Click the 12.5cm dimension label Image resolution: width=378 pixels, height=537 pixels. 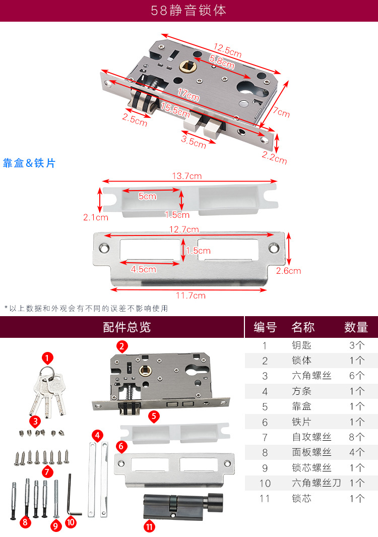tap(228, 50)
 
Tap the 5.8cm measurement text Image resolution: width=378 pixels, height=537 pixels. tap(222, 62)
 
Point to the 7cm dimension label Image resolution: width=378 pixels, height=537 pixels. tap(281, 111)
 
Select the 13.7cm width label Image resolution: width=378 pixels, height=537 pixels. tap(187, 176)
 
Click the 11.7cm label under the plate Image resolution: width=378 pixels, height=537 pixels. tap(191, 295)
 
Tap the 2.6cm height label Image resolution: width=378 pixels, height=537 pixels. tap(288, 271)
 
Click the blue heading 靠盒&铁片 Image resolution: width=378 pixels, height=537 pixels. tap(29, 163)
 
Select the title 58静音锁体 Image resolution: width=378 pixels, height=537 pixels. tap(188, 10)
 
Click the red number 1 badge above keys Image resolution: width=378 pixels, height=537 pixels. tap(47, 359)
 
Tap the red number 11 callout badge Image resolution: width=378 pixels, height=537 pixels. tap(149, 526)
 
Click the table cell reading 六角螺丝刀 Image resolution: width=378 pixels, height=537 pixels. tap(317, 483)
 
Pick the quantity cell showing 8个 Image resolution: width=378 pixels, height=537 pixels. tap(356, 437)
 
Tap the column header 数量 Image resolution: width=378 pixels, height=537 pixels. tap(356, 327)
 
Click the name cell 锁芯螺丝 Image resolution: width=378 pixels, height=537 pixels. tap(311, 467)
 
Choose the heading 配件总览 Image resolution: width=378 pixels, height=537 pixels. tap(127, 327)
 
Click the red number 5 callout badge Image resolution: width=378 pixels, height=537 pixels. tap(154, 416)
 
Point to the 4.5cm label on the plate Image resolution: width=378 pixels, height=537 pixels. tap(143, 270)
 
